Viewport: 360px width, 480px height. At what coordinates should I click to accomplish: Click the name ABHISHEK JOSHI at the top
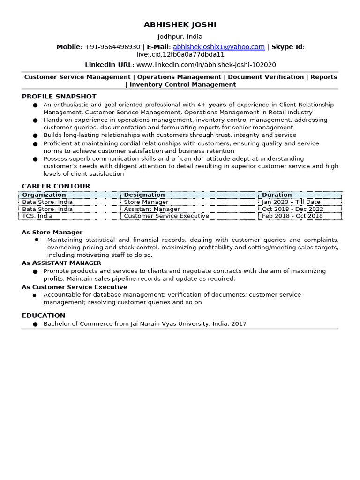pos(180,25)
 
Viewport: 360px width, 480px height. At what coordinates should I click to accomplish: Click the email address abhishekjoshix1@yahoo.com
pos(218,47)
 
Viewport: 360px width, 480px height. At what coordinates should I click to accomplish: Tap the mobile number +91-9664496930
pos(112,47)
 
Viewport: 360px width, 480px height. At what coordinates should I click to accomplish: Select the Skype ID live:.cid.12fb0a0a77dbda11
pos(180,55)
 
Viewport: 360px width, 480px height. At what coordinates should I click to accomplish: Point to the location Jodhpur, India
pos(180,37)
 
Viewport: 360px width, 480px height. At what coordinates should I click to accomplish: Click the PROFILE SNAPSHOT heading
pos(59,97)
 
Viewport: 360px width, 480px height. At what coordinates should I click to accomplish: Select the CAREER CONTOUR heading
pos(56,186)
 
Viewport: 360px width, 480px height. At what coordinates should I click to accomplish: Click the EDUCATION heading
pos(44,315)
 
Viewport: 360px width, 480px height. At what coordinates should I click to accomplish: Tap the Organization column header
pos(44,195)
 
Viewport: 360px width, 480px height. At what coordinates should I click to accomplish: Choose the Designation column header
pos(144,195)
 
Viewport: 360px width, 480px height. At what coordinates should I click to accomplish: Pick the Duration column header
pos(277,195)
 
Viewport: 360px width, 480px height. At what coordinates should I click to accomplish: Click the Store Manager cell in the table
pos(146,202)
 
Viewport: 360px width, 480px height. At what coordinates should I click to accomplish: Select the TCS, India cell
pos(37,216)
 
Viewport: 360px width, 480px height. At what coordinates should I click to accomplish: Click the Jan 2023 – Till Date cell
pos(291,202)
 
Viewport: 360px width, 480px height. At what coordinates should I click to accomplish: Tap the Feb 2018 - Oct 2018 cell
pos(292,216)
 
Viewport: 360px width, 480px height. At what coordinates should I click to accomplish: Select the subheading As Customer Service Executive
pos(75,287)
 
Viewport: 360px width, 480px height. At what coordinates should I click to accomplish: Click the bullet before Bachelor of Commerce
pos(36,324)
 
